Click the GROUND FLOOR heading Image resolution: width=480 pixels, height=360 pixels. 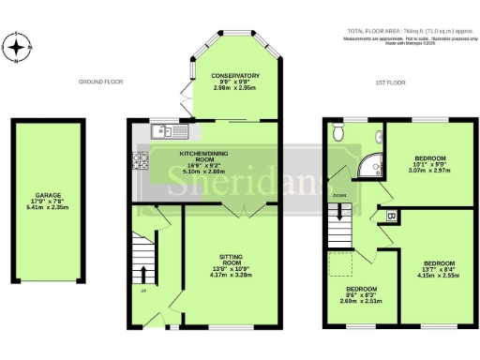[x=101, y=82]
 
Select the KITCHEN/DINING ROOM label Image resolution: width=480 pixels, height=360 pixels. [x=203, y=159]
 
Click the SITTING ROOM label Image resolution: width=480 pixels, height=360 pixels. [x=229, y=262]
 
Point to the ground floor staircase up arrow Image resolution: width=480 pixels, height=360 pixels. [x=142, y=273]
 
